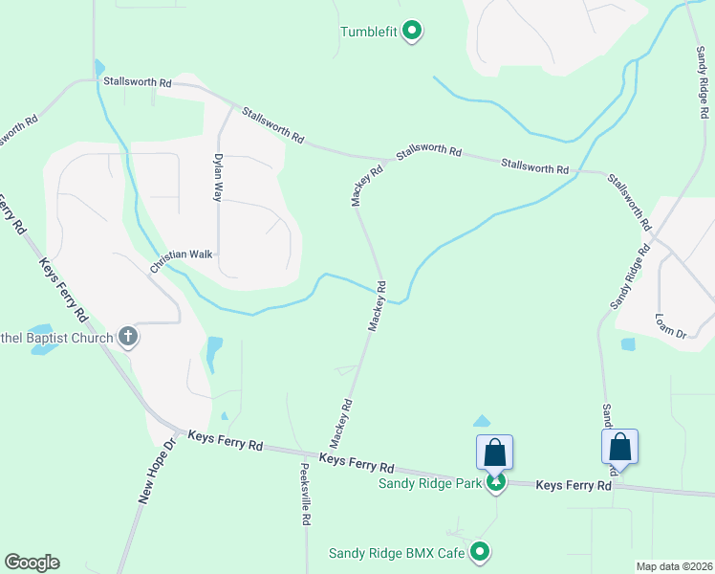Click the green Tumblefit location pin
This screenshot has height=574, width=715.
point(412,32)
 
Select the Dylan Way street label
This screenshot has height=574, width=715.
point(218,176)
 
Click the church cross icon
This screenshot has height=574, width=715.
point(128,336)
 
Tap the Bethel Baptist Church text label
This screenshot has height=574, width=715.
point(57,336)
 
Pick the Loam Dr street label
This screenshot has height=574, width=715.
point(671,325)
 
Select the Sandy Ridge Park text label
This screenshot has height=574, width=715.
point(429,483)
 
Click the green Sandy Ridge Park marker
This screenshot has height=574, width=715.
point(495,483)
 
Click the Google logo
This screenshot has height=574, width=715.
point(32,563)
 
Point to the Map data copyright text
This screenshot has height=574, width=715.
point(672,566)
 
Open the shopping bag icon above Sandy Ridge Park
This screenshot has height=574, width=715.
point(495,451)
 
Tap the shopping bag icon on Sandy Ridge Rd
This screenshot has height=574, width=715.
point(619,446)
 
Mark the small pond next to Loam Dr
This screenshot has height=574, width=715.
point(627,344)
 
